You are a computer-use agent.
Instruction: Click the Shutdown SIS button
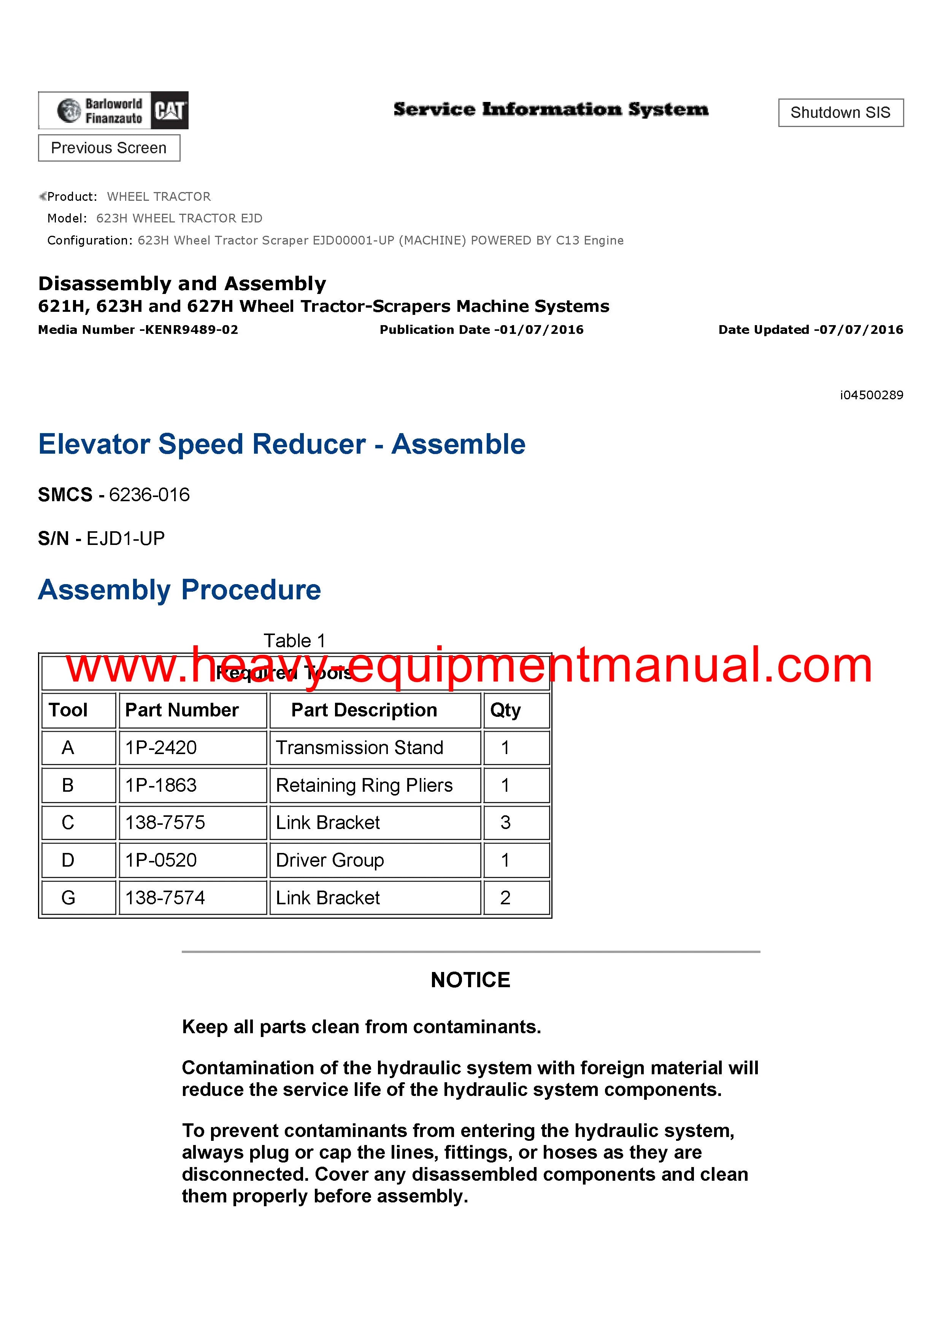tap(840, 113)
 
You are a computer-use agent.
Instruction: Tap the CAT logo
tap(169, 110)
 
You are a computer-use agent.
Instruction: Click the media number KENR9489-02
tap(191, 330)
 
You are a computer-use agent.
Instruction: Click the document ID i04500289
tap(871, 395)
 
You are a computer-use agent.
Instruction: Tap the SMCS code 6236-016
tap(149, 495)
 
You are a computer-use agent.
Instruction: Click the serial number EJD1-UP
tap(125, 538)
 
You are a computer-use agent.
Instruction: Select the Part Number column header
tap(182, 710)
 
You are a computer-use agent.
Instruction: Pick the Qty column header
tap(505, 710)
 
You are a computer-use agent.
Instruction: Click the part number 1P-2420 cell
tap(162, 748)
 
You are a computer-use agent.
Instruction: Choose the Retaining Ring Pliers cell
tap(364, 786)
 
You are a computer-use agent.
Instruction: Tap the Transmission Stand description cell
tap(360, 748)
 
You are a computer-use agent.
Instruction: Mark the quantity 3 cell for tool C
tap(505, 823)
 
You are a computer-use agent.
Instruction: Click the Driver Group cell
tap(330, 861)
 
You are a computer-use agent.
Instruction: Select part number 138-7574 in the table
tap(165, 898)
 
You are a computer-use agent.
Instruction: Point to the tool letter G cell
tap(68, 898)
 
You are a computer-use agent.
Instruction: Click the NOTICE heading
tap(471, 980)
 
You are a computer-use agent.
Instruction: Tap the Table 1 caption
tap(295, 641)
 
